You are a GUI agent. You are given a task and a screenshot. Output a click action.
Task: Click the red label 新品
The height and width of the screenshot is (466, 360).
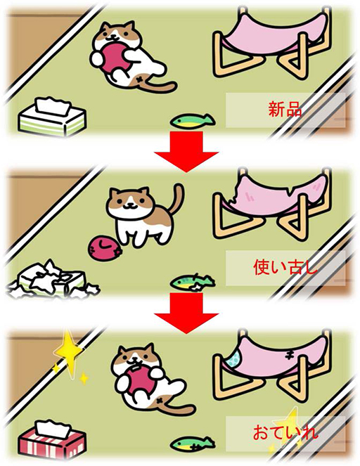pos(285,110)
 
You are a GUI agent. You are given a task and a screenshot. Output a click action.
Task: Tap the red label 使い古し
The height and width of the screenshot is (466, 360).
pos(285,267)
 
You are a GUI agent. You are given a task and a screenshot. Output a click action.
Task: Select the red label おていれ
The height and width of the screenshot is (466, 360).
pos(285,432)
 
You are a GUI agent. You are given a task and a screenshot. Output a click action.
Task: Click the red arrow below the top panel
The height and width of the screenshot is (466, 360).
pos(186,152)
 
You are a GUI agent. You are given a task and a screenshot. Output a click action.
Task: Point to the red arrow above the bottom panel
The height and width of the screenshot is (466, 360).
pos(186,313)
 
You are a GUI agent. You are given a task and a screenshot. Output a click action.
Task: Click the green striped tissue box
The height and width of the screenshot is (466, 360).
pos(52,117)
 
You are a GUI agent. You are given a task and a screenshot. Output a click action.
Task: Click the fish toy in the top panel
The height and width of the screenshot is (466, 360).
pos(193,121)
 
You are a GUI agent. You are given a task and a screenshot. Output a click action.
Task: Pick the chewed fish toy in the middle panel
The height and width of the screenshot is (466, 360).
pos(193,282)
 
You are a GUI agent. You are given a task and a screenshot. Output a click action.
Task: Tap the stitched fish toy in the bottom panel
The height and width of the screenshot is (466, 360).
pos(193,444)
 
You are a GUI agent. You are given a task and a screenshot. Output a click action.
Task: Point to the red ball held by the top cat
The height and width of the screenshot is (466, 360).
pos(115,58)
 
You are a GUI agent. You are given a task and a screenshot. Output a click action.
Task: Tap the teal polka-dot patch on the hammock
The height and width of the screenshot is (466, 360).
pos(234,358)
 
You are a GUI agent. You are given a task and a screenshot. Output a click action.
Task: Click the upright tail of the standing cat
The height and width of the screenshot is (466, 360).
pos(178,198)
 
